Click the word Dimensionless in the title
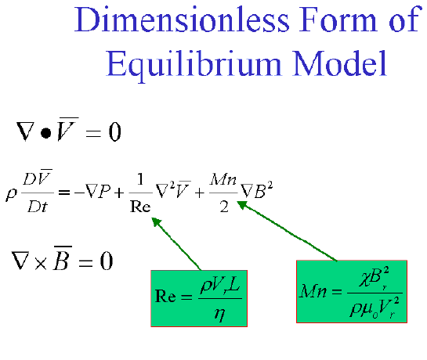(x=182, y=20)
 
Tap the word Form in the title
(x=338, y=20)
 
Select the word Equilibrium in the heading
(x=194, y=64)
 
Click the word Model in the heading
(x=339, y=63)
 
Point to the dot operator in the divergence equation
(x=45, y=133)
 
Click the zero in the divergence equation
(x=114, y=131)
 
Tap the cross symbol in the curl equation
(x=41, y=263)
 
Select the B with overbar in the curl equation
(x=63, y=258)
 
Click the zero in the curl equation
(x=107, y=261)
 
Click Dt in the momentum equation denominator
(x=38, y=206)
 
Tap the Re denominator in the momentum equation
(x=140, y=207)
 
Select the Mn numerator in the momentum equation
(x=223, y=179)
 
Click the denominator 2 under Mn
(x=224, y=207)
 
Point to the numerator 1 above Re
(x=140, y=179)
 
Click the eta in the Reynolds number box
(x=219, y=315)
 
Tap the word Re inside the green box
(x=165, y=297)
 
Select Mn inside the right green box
(x=313, y=291)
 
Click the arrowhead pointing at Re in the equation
(x=156, y=221)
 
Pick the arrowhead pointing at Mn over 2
(x=241, y=204)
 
